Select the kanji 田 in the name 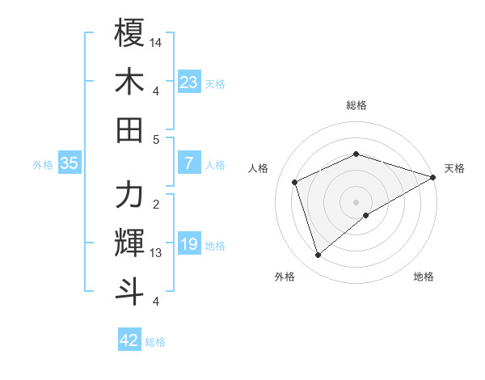[x=129, y=129]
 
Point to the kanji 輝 [x=129, y=243]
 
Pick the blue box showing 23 [x=188, y=82]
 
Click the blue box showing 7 [x=188, y=163]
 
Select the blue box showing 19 [x=188, y=244]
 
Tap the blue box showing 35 [x=69, y=163]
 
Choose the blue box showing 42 [x=129, y=340]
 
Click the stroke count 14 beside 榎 [x=156, y=41]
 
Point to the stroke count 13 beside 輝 [x=156, y=253]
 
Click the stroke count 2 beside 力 [x=155, y=204]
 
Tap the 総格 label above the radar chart [x=356, y=105]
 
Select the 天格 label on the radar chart [x=455, y=168]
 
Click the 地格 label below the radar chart [x=424, y=277]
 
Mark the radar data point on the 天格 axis [x=433, y=176]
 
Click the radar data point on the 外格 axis [x=318, y=255]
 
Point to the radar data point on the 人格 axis [x=295, y=182]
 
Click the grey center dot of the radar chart [x=356, y=201]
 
